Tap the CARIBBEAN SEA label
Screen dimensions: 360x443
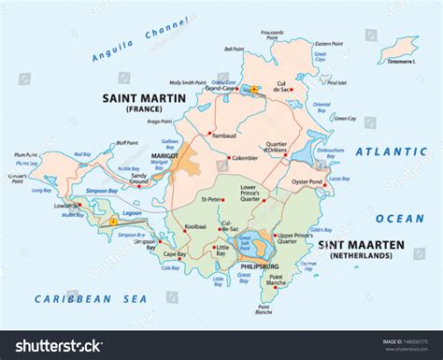[x=79, y=298]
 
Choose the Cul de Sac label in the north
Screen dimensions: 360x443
[x=301, y=87]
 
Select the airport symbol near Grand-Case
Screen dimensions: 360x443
[x=252, y=90]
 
